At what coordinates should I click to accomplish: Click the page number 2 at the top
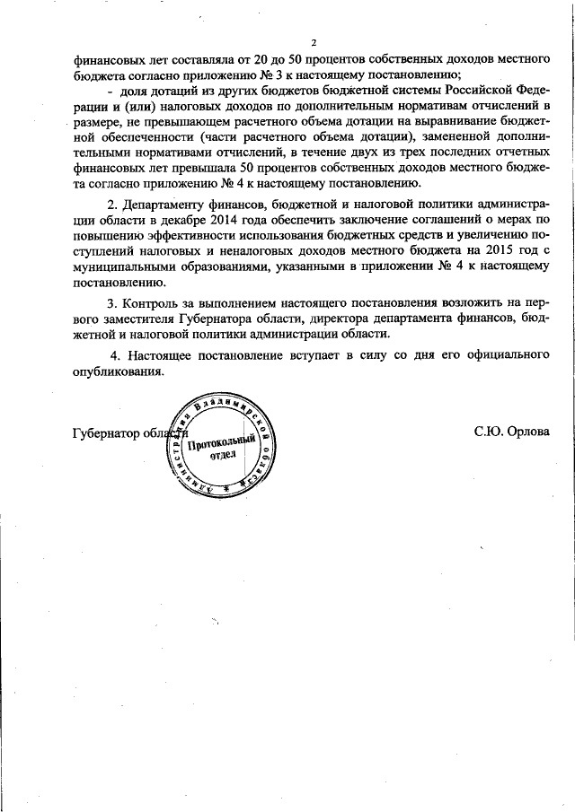pyautogui.click(x=314, y=42)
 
